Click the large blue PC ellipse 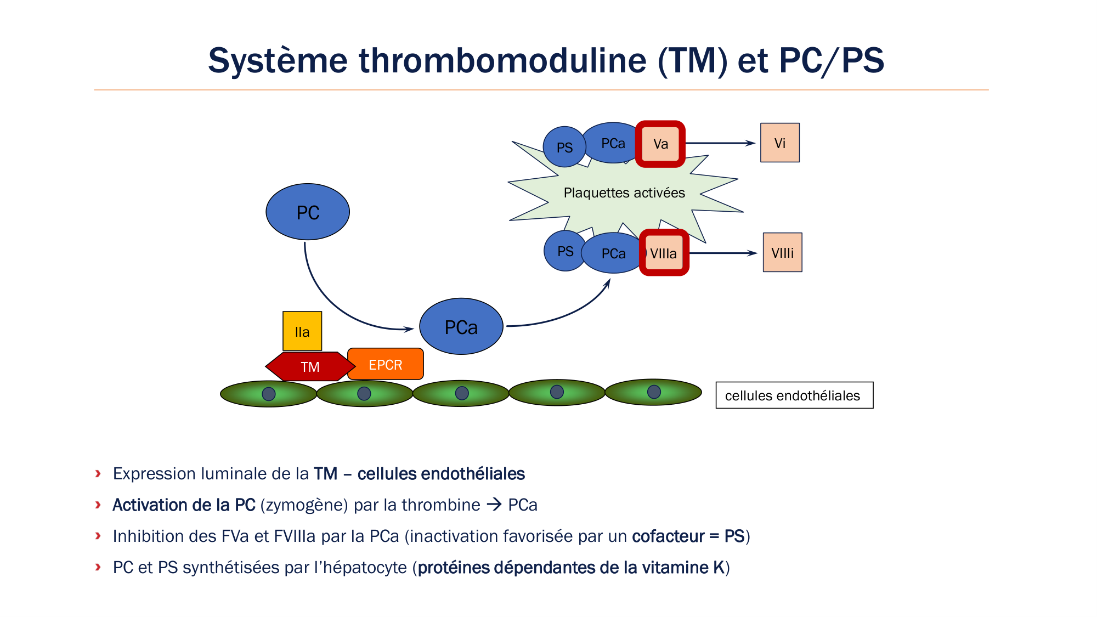point(308,212)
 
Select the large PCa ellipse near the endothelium point(461,327)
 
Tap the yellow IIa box point(302,331)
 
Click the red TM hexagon point(310,366)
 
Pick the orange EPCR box point(386,364)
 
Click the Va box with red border point(660,144)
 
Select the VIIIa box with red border point(664,253)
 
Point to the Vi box point(779,143)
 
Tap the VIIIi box point(782,253)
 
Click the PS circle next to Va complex point(564,147)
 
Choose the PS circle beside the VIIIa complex point(564,251)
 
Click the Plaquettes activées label point(624,193)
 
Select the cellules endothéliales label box point(794,395)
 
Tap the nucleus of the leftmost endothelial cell point(269,394)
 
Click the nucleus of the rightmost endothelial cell point(654,392)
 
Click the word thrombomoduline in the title point(502,60)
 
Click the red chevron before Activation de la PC point(98,505)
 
